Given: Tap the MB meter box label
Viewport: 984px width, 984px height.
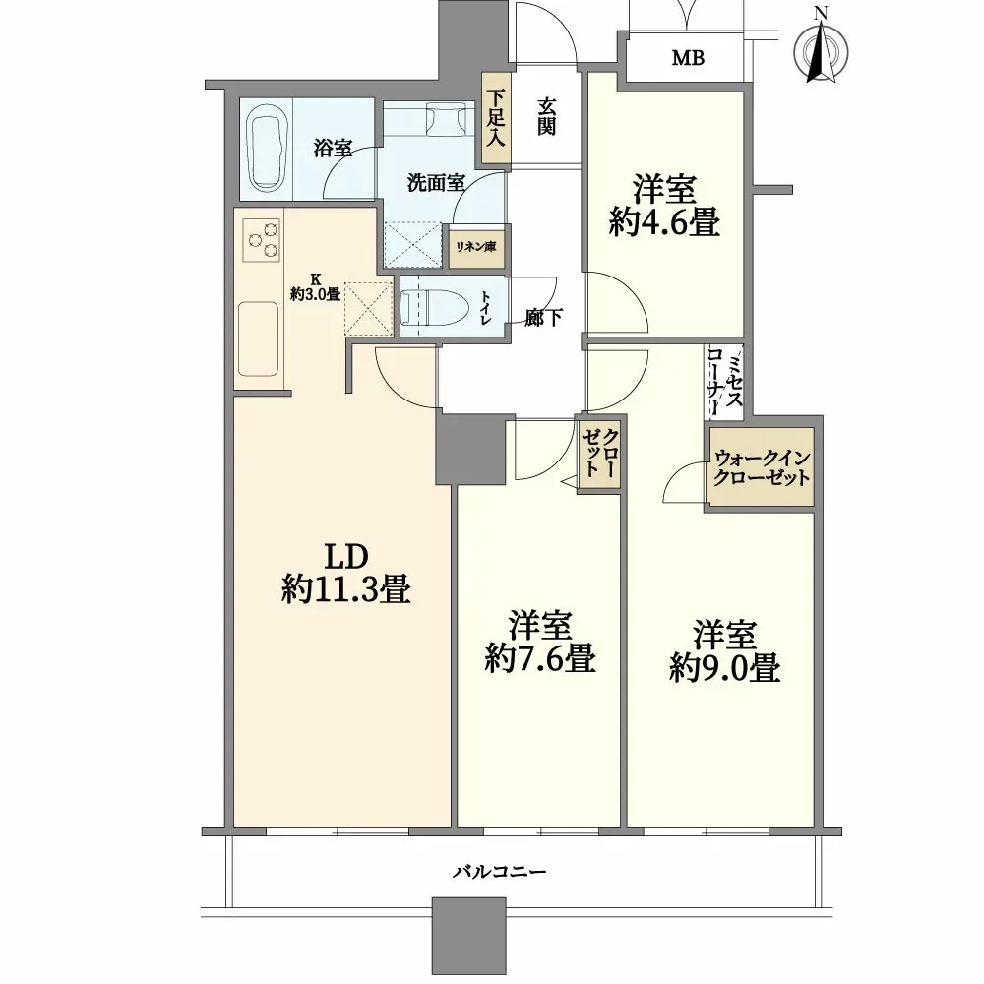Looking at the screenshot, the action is [688, 58].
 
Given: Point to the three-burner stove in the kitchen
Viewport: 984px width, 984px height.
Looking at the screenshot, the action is [261, 240].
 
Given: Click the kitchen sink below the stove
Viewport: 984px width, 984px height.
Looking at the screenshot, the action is [258, 338].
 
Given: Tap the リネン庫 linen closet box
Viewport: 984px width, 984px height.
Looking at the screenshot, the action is [476, 247].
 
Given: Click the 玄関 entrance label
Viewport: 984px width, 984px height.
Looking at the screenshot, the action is [546, 117].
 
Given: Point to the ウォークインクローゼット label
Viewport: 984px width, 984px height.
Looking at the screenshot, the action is [762, 466].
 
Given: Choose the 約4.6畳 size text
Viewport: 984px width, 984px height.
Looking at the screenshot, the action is [664, 222].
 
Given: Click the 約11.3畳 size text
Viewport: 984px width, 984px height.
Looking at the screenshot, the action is [345, 589].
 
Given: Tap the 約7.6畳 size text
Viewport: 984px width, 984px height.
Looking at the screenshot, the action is [539, 659].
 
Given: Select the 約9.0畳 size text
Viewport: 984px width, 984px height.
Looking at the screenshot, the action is [725, 668].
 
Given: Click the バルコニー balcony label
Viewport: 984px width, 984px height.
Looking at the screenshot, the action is [500, 872].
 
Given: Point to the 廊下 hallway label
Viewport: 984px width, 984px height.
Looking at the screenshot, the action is [543, 318].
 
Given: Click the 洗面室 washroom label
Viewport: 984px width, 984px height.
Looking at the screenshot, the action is [436, 183].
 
